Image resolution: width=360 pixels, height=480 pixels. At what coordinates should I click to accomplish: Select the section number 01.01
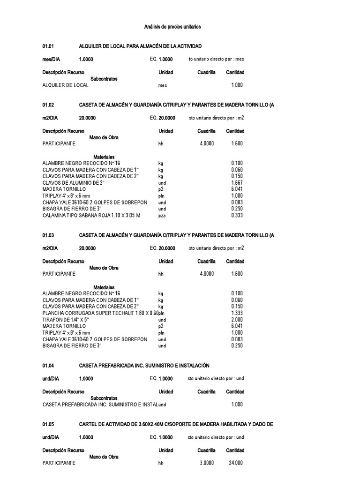(48, 46)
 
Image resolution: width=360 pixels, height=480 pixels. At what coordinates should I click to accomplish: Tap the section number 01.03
(48, 235)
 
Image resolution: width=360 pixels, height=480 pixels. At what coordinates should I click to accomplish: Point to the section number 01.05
(48, 424)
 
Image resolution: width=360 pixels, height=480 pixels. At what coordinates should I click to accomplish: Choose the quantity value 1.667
(237, 182)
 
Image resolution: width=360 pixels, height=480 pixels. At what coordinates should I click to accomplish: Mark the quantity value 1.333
(237, 313)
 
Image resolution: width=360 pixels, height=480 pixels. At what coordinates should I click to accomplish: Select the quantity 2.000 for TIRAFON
(237, 319)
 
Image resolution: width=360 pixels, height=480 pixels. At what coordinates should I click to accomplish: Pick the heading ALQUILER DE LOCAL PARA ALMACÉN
(140, 46)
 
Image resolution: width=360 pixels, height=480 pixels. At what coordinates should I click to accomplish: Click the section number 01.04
(48, 366)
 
